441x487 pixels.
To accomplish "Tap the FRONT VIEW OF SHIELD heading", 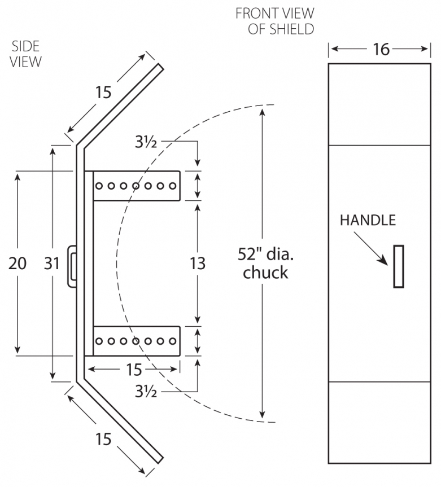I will (x=274, y=21).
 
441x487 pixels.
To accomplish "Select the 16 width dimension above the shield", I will (x=381, y=50).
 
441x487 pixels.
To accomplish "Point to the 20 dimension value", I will (x=18, y=264).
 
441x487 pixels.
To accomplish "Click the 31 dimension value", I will (x=52, y=264).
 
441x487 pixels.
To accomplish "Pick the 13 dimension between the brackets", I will (x=197, y=264).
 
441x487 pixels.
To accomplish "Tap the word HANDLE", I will (x=368, y=220).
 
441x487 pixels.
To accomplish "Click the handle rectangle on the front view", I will (x=399, y=267).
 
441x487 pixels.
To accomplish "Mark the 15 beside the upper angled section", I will (x=103, y=92).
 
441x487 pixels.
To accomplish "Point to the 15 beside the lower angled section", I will (x=103, y=438).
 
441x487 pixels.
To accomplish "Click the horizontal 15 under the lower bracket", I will (x=133, y=370).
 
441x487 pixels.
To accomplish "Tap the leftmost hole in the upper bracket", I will (x=99, y=186).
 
